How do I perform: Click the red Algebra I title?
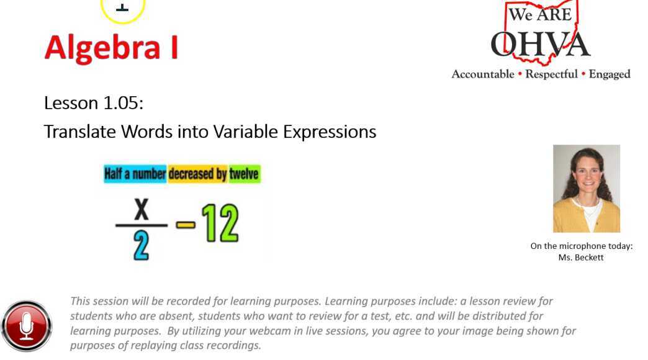point(111,48)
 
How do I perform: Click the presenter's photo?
point(586,189)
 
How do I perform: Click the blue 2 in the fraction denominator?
point(142,247)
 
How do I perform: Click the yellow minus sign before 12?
point(184,224)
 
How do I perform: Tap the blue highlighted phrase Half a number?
point(135,174)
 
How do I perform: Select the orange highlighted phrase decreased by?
point(197,174)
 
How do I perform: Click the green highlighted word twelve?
point(244,174)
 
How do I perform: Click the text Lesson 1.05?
point(94,103)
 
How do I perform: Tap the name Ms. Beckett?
point(581,258)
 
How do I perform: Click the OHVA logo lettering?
point(540,44)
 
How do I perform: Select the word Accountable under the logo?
point(482,74)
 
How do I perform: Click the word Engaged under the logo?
point(610,74)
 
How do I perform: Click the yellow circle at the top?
point(123,9)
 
